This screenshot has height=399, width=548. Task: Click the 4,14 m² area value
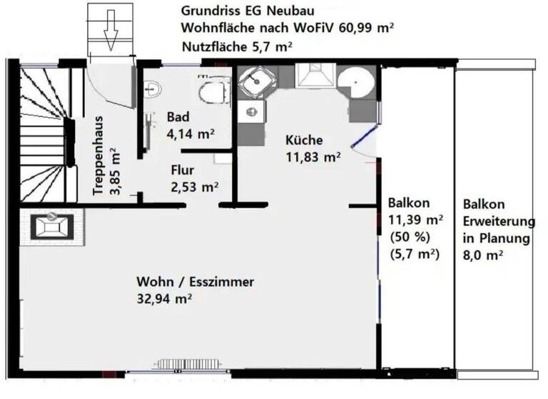coord(191,133)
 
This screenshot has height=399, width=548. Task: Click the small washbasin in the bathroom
coord(151,90)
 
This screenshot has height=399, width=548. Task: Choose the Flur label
coord(183,171)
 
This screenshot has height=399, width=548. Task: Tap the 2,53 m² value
coord(194,187)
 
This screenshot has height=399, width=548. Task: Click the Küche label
coord(304,140)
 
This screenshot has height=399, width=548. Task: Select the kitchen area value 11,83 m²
coord(313,157)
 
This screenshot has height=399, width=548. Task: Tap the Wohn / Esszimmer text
coord(195,282)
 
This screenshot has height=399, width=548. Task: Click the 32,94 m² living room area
coord(163,299)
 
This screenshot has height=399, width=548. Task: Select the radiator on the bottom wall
coord(182,364)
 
